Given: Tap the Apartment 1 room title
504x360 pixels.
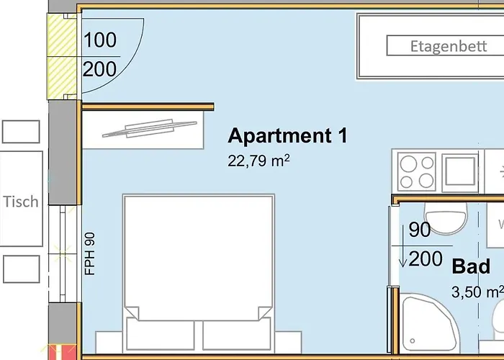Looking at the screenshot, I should point(287,135).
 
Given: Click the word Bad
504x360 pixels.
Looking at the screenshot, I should point(471,267).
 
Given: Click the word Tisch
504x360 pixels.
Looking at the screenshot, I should point(21,202).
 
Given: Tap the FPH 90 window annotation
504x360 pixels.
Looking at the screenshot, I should point(90,252).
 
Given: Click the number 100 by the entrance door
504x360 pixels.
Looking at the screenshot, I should point(99,40).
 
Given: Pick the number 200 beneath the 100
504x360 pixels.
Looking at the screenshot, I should point(99,70).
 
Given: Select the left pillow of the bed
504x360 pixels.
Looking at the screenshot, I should point(160,335).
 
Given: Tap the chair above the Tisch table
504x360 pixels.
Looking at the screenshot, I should point(21,132).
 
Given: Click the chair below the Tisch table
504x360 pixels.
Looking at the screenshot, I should point(21,269).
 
